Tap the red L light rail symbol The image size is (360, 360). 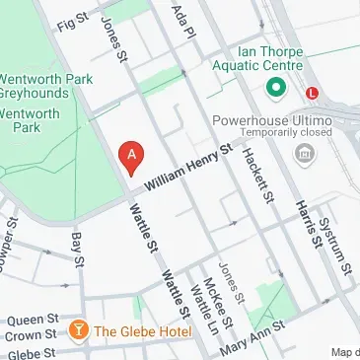[x=313, y=92]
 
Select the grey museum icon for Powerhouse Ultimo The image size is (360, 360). [x=304, y=154]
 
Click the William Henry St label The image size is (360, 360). [x=186, y=169]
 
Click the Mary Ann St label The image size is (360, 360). [x=256, y=339]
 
